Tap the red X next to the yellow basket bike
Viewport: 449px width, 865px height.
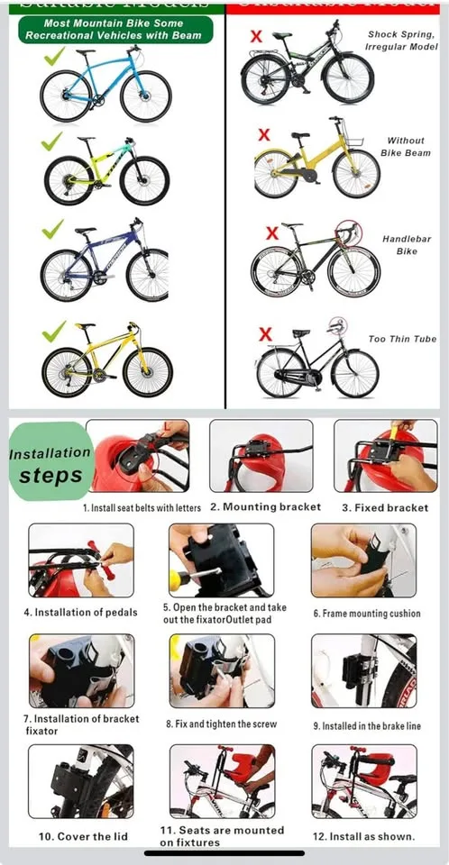263,134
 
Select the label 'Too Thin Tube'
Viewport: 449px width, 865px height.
401,339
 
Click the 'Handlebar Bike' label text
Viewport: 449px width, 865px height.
399,245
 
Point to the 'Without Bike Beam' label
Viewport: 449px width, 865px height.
405,147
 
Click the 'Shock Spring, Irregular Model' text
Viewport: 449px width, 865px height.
400,40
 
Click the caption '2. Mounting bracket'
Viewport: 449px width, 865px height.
265,507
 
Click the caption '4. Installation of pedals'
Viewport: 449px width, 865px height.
80,613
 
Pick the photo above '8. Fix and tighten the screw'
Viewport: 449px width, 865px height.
221,670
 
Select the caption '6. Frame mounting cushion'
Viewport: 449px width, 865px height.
366,614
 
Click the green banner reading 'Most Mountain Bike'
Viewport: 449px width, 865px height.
115,29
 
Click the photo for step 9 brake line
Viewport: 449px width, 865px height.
363,670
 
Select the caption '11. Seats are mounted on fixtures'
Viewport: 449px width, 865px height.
221,836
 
